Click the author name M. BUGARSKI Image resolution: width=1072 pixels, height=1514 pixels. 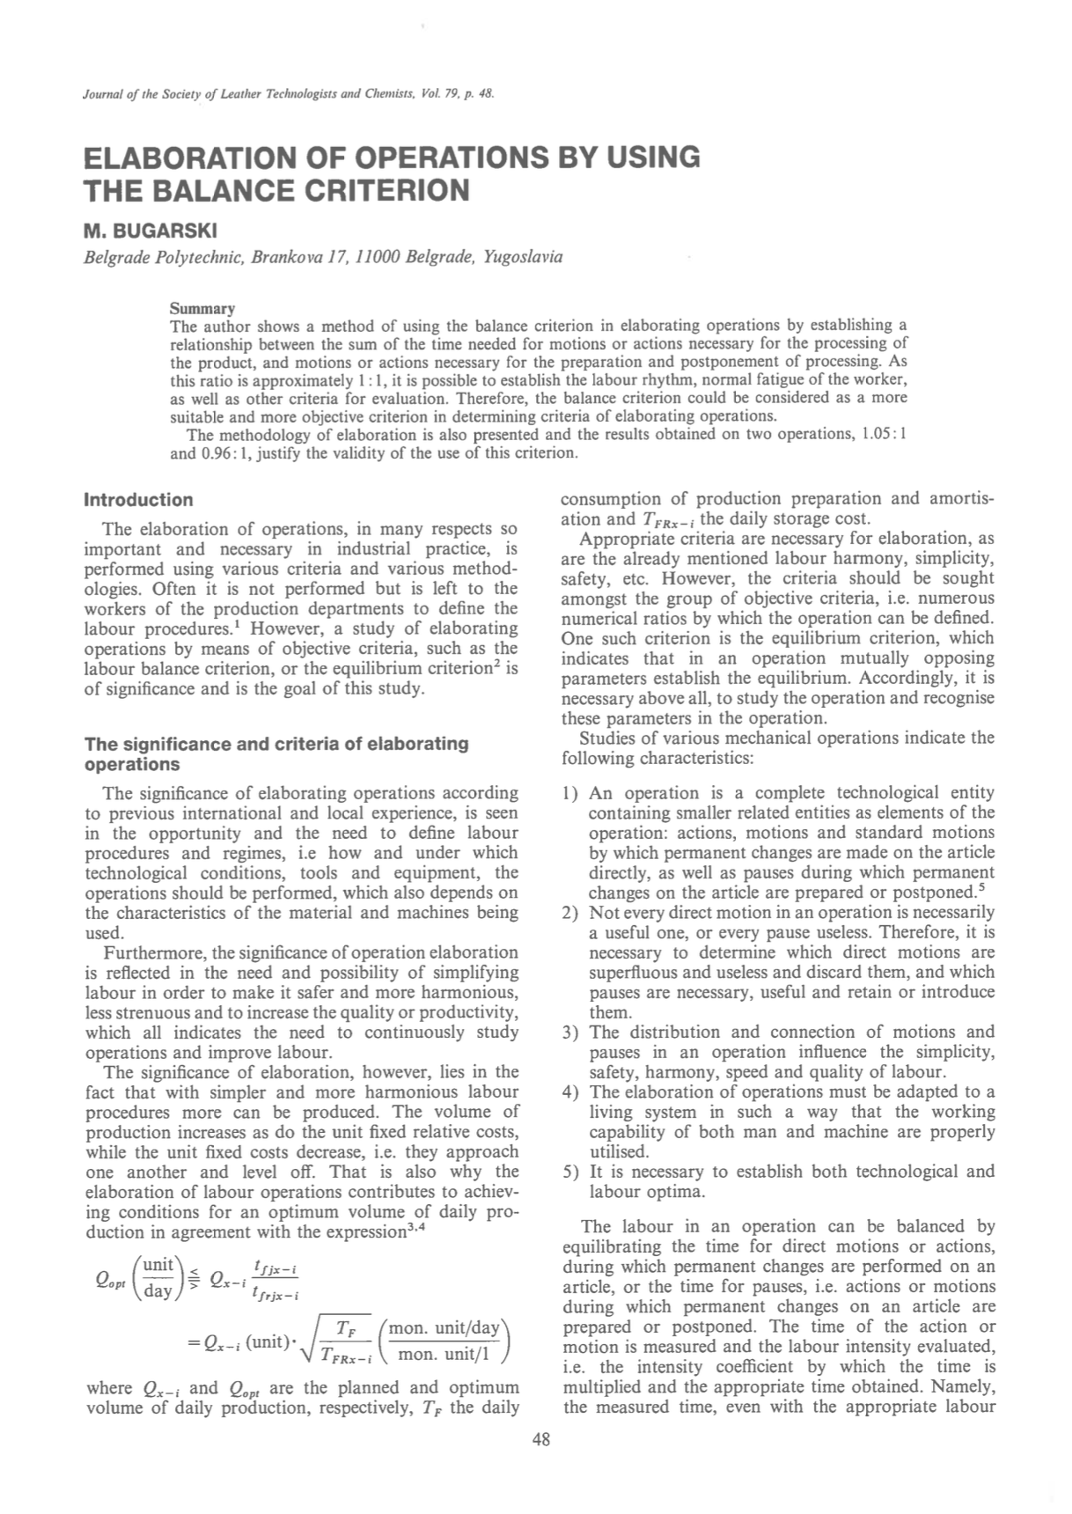pyautogui.click(x=151, y=232)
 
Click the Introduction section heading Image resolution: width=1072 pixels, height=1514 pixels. pyautogui.click(x=138, y=500)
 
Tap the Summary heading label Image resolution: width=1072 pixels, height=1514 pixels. pyautogui.click(x=202, y=309)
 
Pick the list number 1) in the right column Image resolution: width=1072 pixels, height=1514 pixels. pyautogui.click(x=569, y=793)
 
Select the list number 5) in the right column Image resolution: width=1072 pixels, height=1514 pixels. pyautogui.click(x=569, y=1172)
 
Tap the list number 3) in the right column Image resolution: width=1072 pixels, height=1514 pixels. pyautogui.click(x=569, y=1033)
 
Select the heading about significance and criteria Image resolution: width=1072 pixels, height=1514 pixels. pyautogui.click(x=276, y=753)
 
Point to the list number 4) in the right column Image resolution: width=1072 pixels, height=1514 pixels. pyautogui.click(x=569, y=1092)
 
